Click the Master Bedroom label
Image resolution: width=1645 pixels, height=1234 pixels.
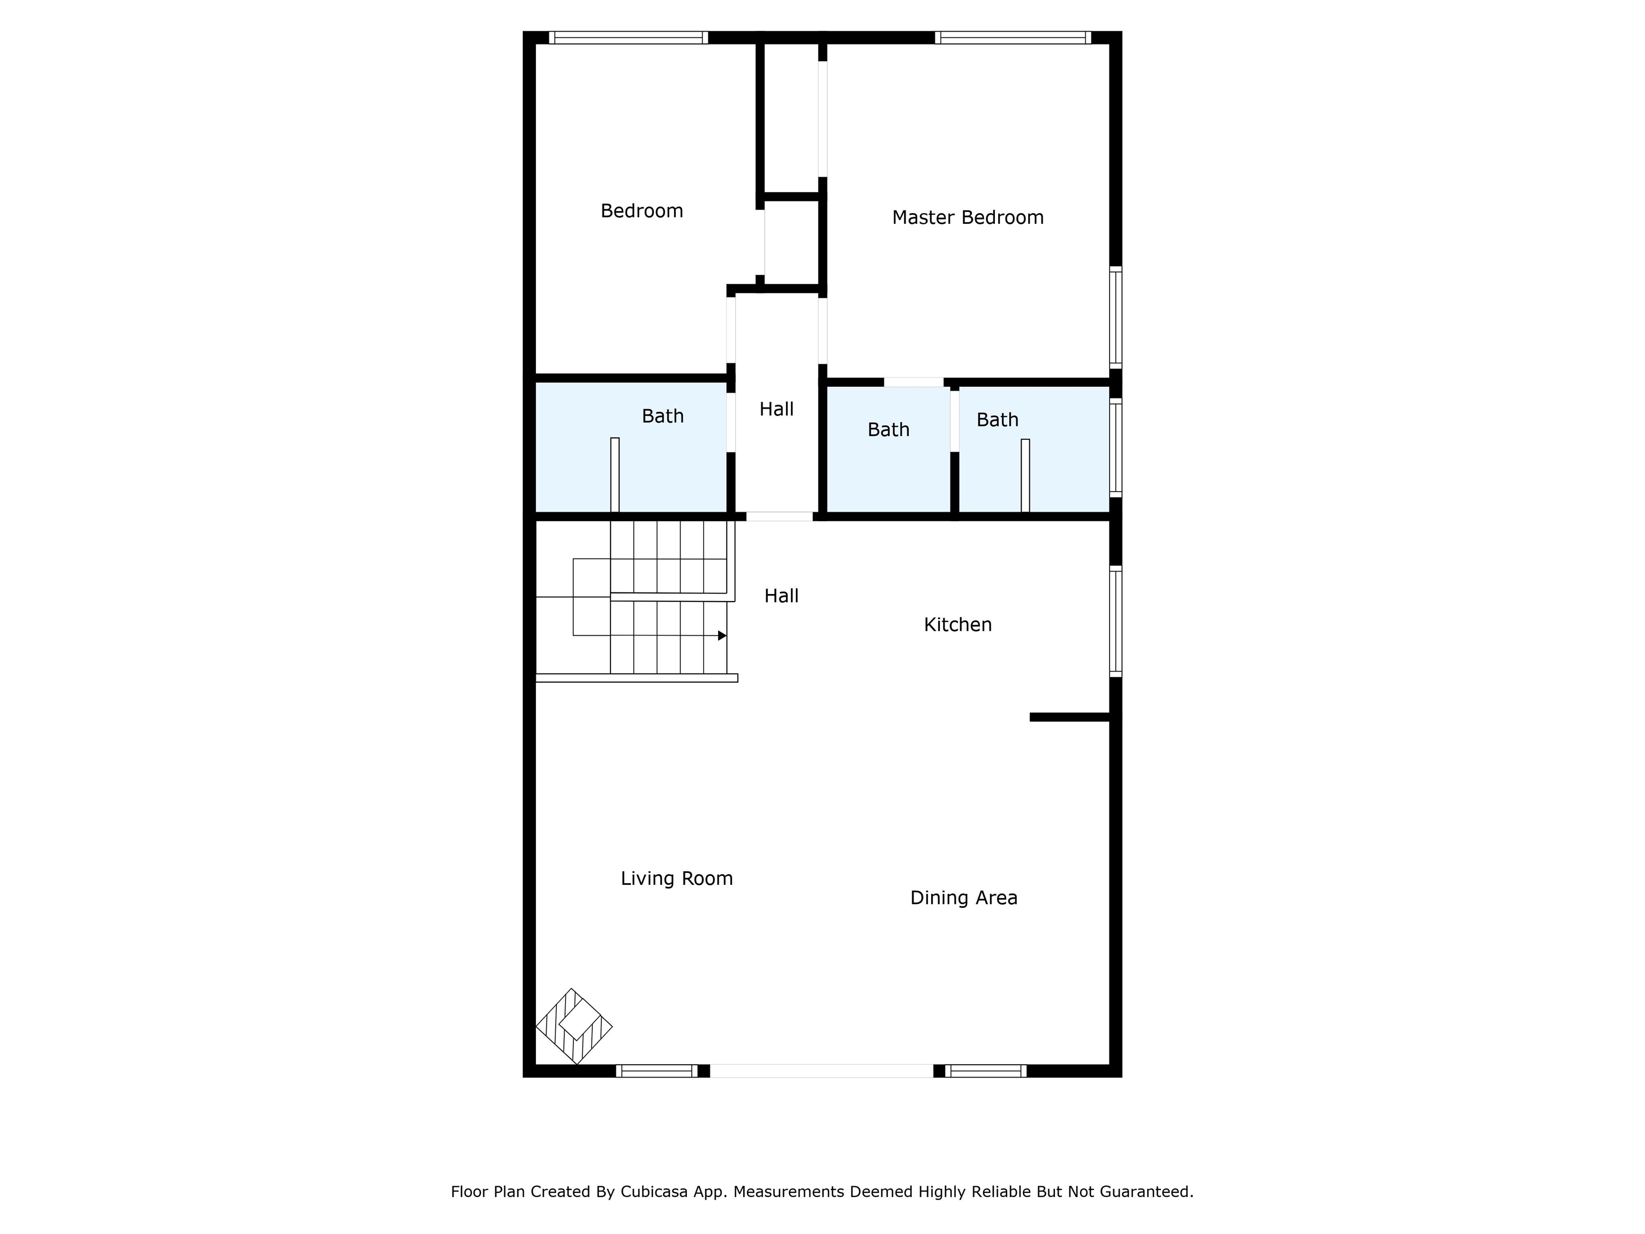point(968,217)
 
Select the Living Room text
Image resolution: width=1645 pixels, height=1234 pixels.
point(677,878)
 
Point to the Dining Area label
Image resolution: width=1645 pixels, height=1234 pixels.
point(964,898)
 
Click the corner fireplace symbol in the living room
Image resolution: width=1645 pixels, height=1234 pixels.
point(574,1027)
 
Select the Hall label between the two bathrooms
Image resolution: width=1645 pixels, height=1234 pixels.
point(776,409)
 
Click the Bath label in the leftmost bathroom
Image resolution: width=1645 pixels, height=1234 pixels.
point(662,417)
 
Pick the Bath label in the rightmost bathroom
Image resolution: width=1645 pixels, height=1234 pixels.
point(997,420)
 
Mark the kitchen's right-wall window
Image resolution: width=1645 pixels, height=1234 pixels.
point(1115,622)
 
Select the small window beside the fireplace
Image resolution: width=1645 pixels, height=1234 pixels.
point(657,1071)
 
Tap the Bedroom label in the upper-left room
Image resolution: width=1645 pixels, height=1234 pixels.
point(642,211)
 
